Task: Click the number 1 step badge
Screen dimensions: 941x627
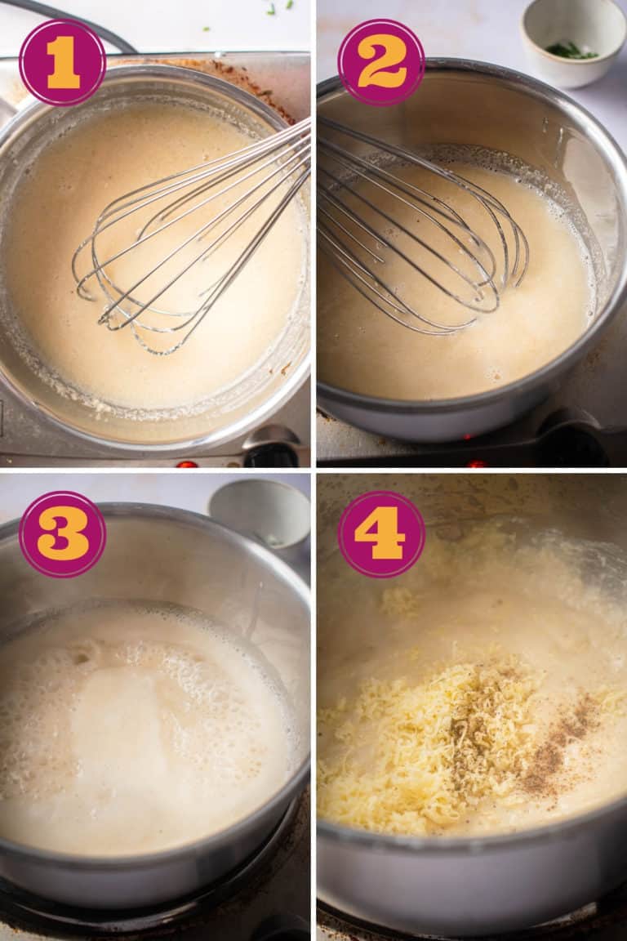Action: point(62,63)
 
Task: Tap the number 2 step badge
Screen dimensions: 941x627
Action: point(381,62)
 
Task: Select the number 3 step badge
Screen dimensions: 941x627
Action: point(62,534)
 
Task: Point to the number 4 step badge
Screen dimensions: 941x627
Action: point(381,534)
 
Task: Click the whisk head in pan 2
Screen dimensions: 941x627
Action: point(416,237)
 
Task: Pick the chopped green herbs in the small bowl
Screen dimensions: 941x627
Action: point(571,51)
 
